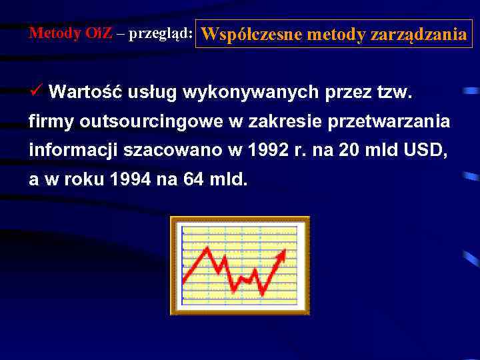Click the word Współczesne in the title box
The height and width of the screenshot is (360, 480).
[x=245, y=34]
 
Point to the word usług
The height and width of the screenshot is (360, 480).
[x=151, y=92]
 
